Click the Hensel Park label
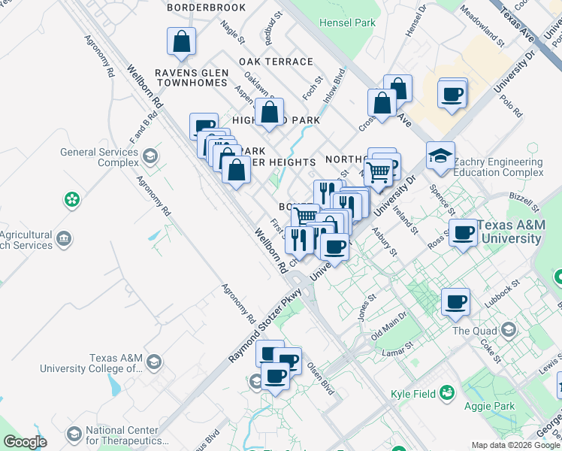click(347, 23)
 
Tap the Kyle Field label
click(414, 393)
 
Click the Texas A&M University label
click(509, 232)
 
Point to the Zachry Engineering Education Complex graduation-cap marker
click(440, 156)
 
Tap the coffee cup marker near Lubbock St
click(455, 301)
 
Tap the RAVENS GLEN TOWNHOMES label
click(191, 77)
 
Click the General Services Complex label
click(98, 157)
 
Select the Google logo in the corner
click(25, 442)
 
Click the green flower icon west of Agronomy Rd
click(71, 200)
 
